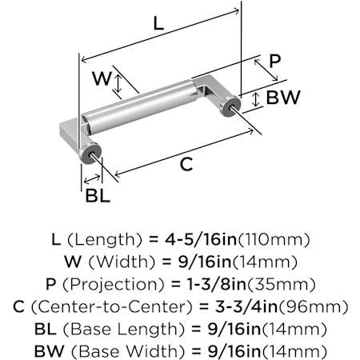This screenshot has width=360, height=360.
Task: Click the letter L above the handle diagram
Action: point(158,23)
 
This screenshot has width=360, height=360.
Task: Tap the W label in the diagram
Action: point(102,78)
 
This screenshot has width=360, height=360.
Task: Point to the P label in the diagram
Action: point(275,61)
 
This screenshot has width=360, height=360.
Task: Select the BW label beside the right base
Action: point(283,98)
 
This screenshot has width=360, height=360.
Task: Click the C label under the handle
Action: point(186,164)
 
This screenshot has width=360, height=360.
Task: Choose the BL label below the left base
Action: point(98,195)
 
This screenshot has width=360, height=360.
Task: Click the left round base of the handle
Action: point(90,153)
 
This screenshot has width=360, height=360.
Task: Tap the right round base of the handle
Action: point(230,105)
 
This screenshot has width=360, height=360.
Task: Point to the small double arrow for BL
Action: point(92,178)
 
